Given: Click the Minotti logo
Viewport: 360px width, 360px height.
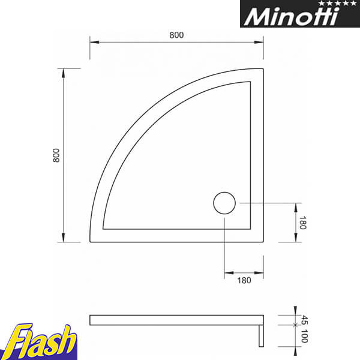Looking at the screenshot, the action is [x=300, y=14].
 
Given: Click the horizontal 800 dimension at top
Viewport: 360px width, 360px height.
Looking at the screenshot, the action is [x=176, y=35].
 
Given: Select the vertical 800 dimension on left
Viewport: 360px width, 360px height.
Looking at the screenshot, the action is [x=56, y=155].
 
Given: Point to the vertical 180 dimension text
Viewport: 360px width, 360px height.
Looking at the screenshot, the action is [x=302, y=223].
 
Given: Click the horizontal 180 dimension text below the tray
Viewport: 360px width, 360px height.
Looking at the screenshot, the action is [x=244, y=280].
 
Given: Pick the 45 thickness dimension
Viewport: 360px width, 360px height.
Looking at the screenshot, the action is [x=304, y=320].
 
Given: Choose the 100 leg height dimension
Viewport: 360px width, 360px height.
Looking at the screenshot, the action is [x=304, y=336].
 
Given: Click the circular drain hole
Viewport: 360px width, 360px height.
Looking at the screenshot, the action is [x=224, y=203].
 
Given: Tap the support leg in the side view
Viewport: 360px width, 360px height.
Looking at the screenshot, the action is [x=261, y=336].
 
